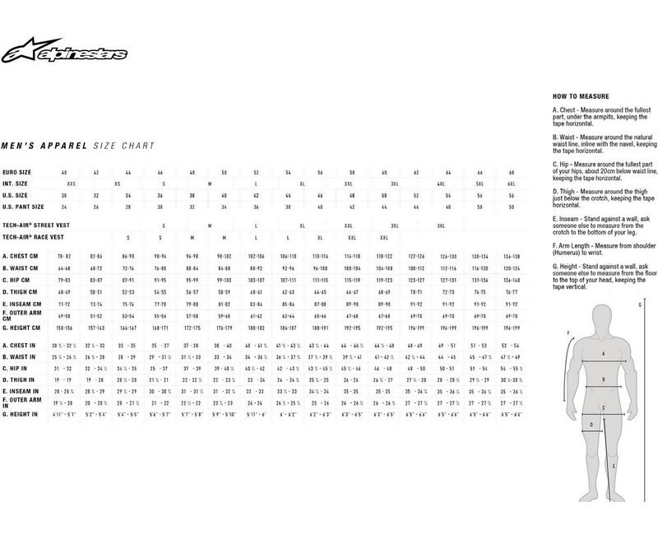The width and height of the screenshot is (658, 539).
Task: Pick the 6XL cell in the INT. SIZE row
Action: pos(511,184)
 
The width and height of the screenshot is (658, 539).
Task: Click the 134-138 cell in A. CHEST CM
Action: pos(511,257)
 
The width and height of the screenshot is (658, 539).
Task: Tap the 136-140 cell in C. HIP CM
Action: pos(511,280)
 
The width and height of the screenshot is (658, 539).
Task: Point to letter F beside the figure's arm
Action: pos(569,332)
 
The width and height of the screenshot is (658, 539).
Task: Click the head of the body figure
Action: pos(605,317)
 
